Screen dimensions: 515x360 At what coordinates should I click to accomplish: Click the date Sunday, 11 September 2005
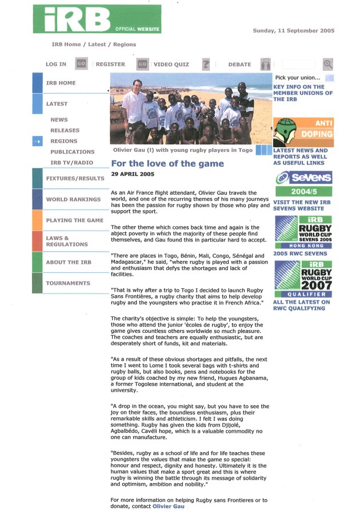point(293,31)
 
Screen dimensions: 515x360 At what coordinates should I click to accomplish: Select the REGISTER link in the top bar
point(110,65)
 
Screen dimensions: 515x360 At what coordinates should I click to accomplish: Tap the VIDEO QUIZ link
point(171,65)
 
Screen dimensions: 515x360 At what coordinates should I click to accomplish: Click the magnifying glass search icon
point(327,65)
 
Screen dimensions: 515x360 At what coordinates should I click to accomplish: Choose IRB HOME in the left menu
point(61,83)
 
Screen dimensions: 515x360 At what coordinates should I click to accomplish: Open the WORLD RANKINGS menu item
point(73,199)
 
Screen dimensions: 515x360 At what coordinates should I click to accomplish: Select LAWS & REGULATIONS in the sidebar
point(67,241)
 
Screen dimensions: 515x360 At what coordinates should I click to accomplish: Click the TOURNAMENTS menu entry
point(68,283)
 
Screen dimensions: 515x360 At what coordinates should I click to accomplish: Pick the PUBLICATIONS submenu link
point(72,152)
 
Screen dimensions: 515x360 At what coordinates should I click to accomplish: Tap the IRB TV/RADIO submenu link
point(71,163)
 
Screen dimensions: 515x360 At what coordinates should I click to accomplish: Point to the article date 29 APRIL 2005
point(133,174)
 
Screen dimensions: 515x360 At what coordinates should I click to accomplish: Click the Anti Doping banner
point(303,132)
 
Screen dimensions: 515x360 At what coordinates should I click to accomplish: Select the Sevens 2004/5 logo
point(303,184)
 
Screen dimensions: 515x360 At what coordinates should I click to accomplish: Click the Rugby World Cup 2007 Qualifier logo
point(303,279)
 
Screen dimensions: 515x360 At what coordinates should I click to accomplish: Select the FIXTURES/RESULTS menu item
point(75,178)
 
